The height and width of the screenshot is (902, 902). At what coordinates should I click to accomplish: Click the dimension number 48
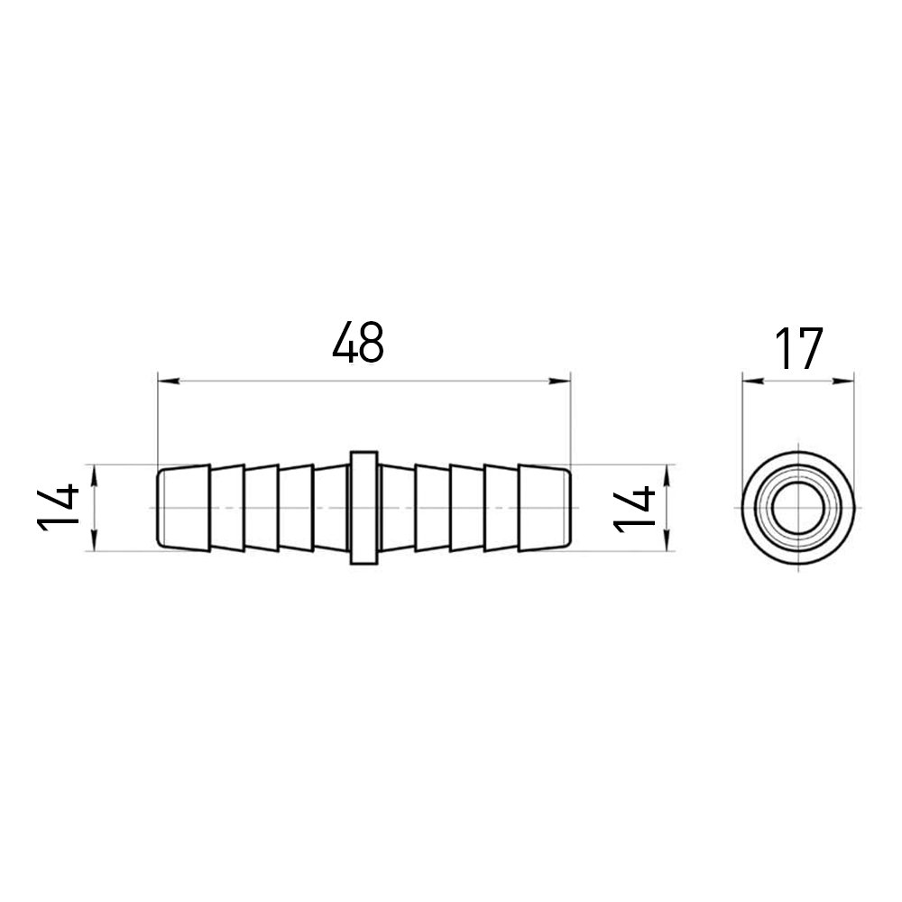pyautogui.click(x=358, y=344)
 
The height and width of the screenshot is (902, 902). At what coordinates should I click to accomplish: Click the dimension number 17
pyautogui.click(x=799, y=348)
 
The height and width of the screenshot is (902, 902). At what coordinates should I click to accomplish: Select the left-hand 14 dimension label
pyautogui.click(x=58, y=507)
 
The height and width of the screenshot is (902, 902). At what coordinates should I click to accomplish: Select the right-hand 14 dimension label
pyautogui.click(x=634, y=509)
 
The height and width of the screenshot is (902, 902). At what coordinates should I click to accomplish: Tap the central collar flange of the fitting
pyautogui.click(x=364, y=507)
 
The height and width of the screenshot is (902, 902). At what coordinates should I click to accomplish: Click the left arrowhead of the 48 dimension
pyautogui.click(x=169, y=381)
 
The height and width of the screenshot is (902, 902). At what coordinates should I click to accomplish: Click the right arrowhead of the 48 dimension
pyautogui.click(x=559, y=381)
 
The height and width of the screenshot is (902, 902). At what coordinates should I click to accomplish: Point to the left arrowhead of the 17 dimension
pyautogui.click(x=753, y=381)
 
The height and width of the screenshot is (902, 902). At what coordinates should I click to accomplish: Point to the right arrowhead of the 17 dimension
pyautogui.click(x=842, y=381)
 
